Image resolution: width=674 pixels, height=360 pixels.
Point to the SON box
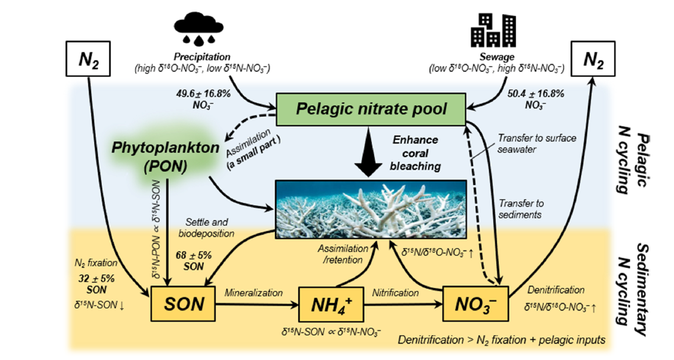coord(181,301)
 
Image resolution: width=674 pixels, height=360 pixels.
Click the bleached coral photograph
coord(371,209)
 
